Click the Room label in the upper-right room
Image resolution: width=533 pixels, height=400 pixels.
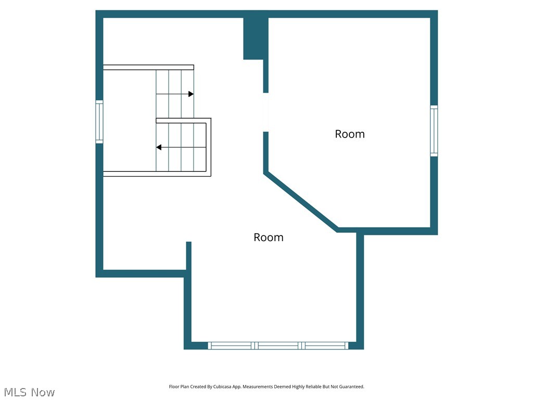(349, 134)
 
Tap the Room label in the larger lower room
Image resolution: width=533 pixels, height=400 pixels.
(268, 238)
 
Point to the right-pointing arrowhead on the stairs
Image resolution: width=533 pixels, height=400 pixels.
(191, 94)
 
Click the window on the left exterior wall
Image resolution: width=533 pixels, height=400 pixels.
(99, 121)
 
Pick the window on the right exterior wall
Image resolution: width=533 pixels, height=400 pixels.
(434, 131)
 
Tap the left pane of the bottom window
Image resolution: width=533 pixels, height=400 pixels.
(231, 345)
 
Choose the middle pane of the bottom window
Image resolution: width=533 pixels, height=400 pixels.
(278, 345)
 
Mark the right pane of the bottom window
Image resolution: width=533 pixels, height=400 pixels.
(325, 345)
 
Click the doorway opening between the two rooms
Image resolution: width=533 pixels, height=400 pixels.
(265, 112)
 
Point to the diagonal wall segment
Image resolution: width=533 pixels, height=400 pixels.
(301, 202)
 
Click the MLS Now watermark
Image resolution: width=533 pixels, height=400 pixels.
(29, 392)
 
